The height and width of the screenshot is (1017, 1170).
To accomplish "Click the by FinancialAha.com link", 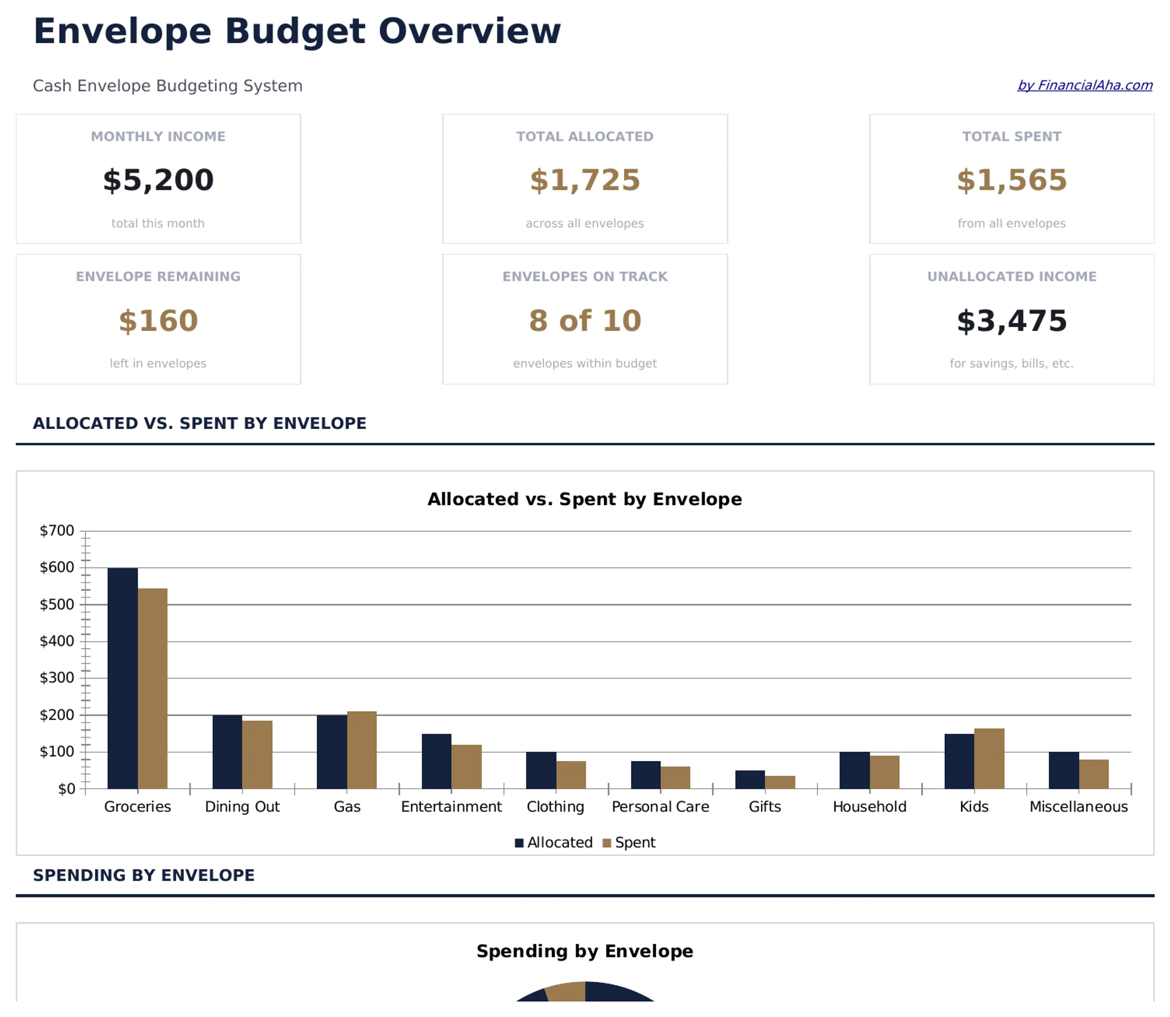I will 1084,85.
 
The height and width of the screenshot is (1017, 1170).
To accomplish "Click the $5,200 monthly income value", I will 158,180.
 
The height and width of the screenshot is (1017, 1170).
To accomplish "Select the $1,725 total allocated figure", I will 585,180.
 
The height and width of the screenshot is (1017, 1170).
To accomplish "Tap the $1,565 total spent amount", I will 1011,180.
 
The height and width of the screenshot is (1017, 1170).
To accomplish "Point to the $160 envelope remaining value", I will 158,321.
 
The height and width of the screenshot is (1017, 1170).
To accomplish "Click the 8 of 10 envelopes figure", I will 585,321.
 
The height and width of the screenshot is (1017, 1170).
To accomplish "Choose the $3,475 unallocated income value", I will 1011,321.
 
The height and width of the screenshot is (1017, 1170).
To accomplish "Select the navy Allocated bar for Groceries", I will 122,678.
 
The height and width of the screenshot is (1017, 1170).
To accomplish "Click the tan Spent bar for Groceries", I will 153,688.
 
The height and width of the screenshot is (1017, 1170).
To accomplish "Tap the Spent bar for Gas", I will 361,750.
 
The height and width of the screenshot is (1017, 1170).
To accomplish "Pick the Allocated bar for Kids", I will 959,761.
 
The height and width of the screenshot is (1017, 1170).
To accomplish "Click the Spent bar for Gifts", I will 780,782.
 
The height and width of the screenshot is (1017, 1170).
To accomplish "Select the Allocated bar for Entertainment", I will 436,761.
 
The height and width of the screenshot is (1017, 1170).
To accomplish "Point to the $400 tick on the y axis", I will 57,641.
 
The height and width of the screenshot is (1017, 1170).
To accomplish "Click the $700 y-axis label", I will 57,530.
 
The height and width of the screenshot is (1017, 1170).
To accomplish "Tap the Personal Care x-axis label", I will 660,806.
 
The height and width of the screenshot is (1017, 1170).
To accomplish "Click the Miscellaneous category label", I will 1078,806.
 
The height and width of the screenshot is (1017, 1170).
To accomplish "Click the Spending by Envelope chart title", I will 585,951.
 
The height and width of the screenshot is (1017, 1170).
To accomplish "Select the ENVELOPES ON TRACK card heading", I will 585,276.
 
